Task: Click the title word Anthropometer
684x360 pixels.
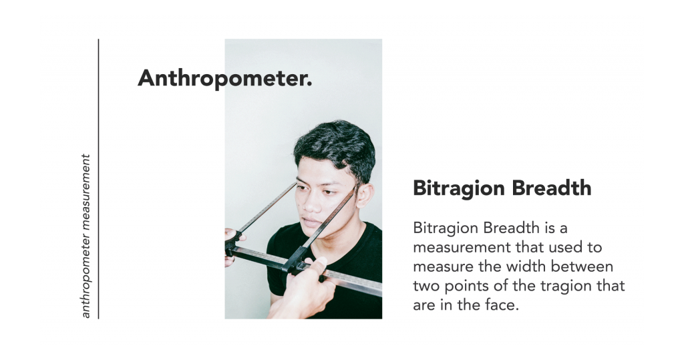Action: [x=222, y=79]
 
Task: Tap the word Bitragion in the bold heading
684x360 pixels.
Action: [x=459, y=189]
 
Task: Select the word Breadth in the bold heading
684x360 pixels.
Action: [x=552, y=188]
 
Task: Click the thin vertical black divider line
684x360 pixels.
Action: [x=99, y=179]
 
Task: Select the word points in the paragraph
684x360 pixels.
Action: [x=466, y=287]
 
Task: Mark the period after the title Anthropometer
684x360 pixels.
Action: [x=309, y=85]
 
